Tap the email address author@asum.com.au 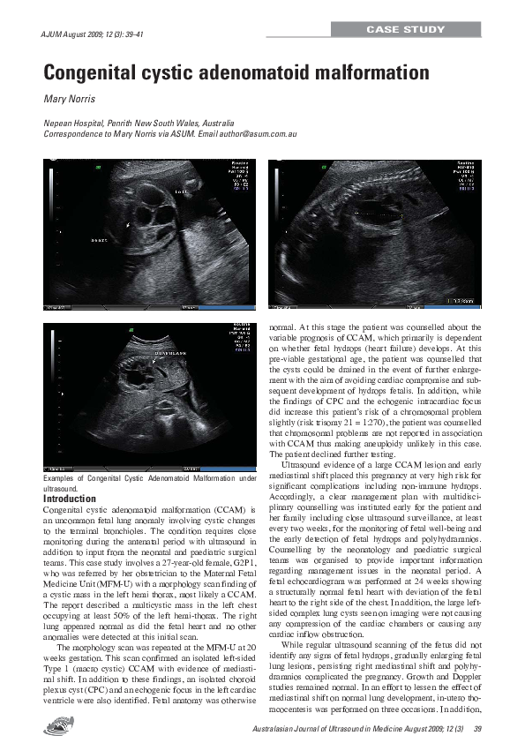pyautogui.click(x=259, y=134)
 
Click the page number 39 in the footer pyautogui.click(x=476, y=727)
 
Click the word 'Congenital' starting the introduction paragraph pyautogui.click(x=64, y=510)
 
